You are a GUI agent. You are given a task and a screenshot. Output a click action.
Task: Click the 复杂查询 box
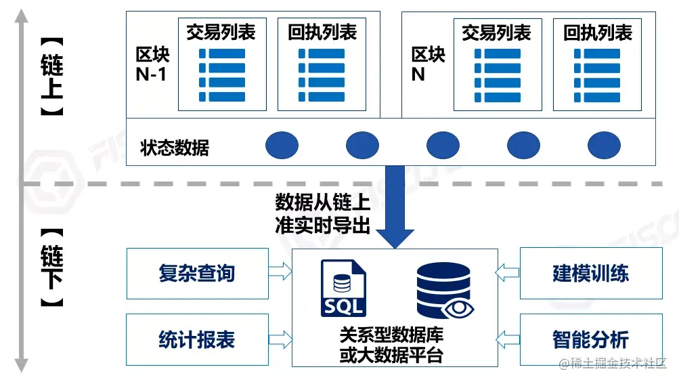point(196,273)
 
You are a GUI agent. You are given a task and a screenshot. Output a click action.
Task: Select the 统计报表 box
point(196,339)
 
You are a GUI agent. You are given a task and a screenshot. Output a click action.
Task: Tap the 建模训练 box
point(590,273)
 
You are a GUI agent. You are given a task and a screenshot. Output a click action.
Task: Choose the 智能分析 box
point(590,339)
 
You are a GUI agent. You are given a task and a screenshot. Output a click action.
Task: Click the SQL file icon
point(343,288)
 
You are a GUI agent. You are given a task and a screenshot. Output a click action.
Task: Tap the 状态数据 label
point(175,147)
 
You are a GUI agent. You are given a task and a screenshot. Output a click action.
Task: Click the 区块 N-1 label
point(152,64)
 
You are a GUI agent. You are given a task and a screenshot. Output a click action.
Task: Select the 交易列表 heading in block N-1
point(221,33)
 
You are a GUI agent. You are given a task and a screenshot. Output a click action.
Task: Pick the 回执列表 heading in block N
point(597,33)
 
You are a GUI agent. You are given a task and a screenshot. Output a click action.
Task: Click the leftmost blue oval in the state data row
point(282,145)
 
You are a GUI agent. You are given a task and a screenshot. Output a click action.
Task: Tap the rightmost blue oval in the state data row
point(604,145)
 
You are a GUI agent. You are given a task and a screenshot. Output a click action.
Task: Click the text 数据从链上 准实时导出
point(322,214)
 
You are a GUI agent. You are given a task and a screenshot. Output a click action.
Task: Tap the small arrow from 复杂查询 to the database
point(279,272)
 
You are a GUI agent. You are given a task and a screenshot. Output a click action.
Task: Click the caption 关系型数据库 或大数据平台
point(391,345)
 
